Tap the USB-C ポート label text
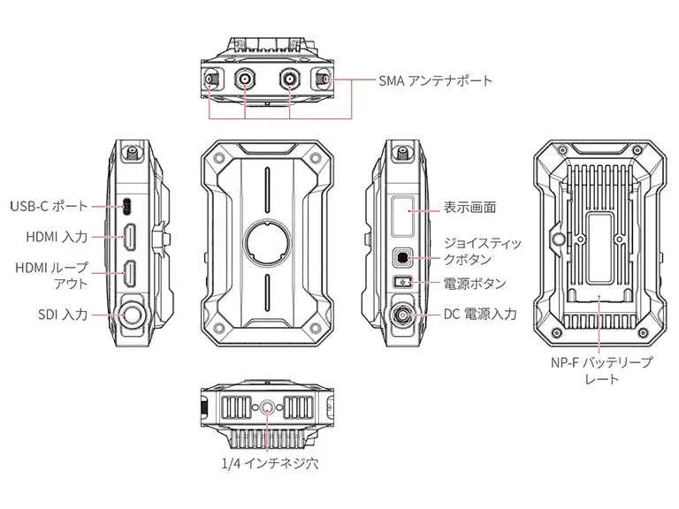(50, 206)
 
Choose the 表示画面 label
(469, 208)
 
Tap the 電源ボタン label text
(475, 284)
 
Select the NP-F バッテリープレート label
(601, 370)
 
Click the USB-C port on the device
(130, 207)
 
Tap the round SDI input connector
(134, 314)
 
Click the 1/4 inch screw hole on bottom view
(266, 407)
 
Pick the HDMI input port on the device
(130, 236)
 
